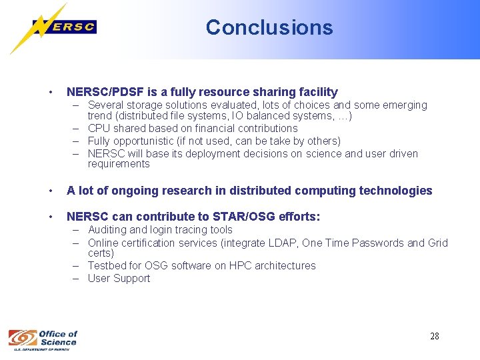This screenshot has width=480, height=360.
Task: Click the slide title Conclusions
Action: (269, 27)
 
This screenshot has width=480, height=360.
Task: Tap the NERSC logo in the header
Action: (63, 27)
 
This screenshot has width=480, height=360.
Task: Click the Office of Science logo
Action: (43, 339)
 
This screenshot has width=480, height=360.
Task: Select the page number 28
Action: (434, 336)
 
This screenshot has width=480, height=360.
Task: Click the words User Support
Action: (119, 278)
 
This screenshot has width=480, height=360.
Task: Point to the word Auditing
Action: (109, 230)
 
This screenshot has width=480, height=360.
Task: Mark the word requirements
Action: (119, 164)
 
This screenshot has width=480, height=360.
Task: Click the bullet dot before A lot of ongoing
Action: (50, 191)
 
